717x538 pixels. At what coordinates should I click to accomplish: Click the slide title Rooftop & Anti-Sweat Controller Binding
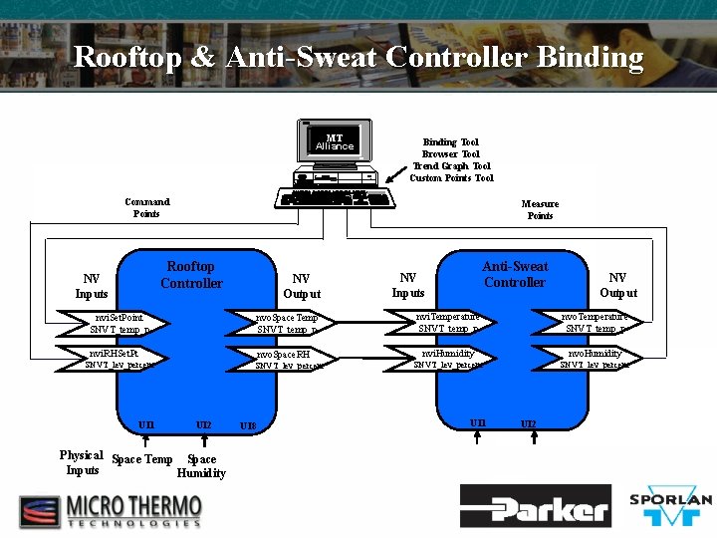point(358,57)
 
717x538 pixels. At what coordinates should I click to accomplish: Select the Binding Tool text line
point(450,142)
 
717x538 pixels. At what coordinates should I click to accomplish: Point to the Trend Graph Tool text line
point(451,166)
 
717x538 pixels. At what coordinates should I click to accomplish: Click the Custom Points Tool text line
point(451,178)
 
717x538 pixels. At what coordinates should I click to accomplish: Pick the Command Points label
point(146,207)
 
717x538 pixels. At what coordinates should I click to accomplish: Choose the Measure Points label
point(540,209)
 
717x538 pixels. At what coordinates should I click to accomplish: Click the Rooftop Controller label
point(191,275)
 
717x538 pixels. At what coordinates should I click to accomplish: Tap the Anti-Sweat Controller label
point(515,274)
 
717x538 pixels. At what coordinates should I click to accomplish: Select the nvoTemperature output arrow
point(594,321)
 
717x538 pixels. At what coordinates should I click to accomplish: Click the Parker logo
point(536,506)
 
